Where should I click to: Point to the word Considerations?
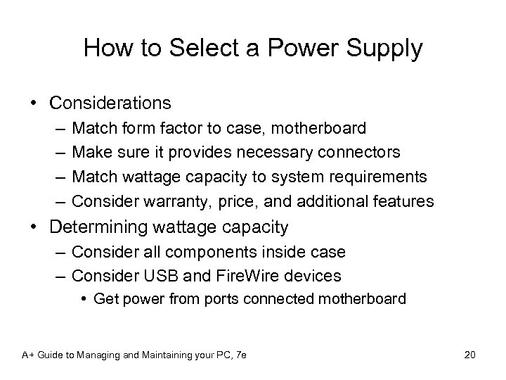(x=110, y=103)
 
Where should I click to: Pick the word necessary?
(x=269, y=152)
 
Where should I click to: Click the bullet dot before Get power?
(x=84, y=299)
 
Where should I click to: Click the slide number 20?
(x=469, y=355)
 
